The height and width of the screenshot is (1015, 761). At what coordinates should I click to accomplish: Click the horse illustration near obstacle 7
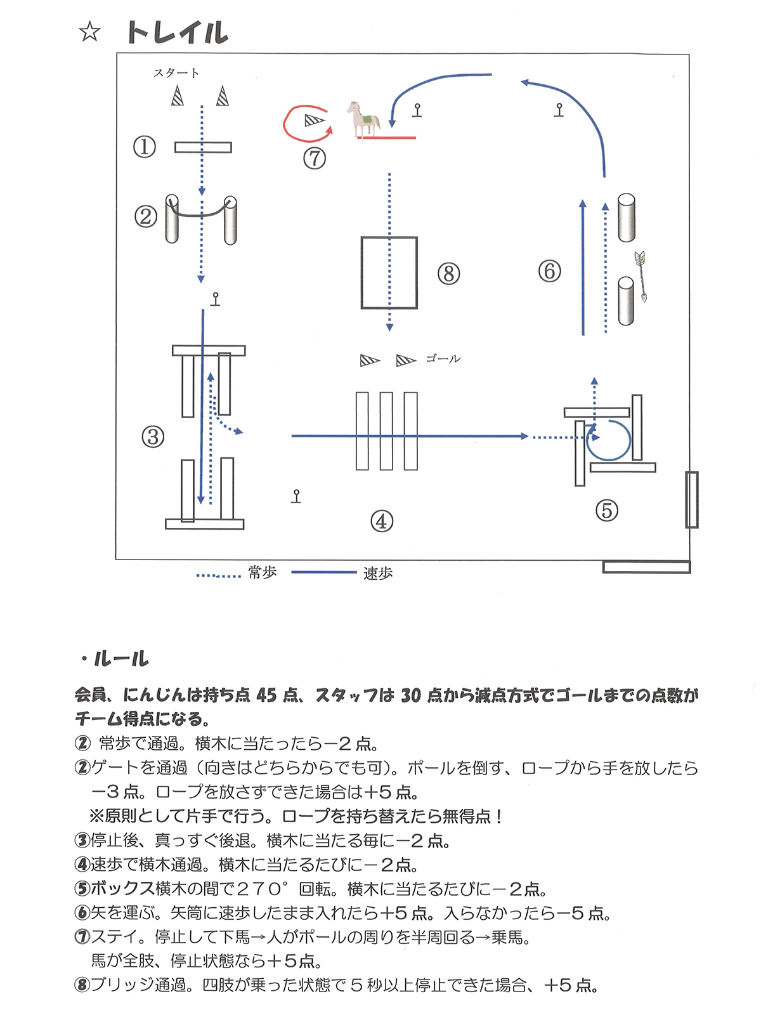point(363,119)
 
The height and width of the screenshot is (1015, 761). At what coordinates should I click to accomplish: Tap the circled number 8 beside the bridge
point(448,273)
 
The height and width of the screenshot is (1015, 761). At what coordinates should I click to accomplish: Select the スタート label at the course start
point(176,73)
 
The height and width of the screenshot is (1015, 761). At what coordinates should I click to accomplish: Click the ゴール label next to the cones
point(443,359)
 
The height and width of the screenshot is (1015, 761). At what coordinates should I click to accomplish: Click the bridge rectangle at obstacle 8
point(389,273)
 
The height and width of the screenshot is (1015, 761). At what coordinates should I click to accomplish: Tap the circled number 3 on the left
point(153,436)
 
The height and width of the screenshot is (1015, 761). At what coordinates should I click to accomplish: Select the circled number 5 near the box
point(606,510)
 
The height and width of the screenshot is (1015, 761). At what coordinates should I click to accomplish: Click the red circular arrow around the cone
point(298,123)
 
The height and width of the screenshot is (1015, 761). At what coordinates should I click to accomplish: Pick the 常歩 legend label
point(263,573)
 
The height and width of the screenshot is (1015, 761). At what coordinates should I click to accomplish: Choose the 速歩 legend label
point(378,573)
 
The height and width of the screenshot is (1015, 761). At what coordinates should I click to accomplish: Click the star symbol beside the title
point(90,32)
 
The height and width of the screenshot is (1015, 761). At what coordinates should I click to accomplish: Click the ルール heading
point(120,659)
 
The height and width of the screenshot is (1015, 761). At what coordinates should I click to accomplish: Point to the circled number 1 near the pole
point(145,147)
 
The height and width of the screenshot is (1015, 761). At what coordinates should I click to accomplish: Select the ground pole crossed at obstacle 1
point(203,148)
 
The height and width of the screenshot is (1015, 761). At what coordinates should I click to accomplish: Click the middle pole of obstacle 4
point(386,431)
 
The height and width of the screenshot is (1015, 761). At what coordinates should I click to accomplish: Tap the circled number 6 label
point(549,272)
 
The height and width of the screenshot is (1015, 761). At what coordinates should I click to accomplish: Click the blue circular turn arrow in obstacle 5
point(609,440)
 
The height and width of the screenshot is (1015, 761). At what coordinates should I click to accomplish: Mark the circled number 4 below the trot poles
point(382,521)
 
